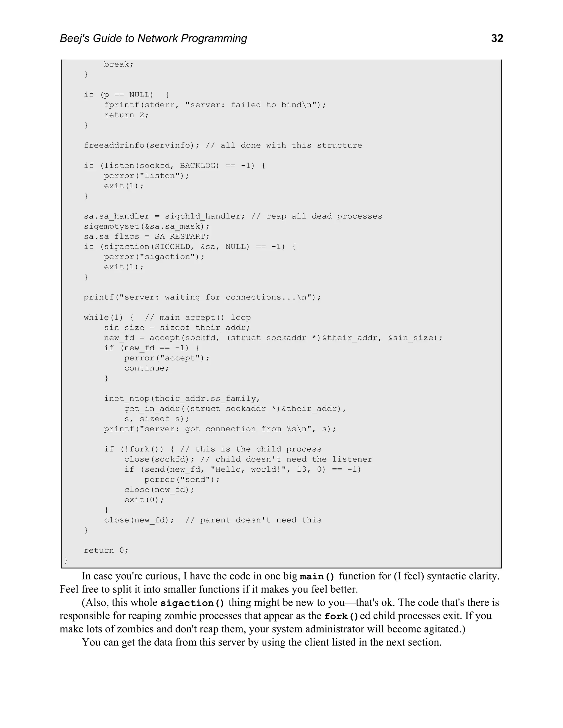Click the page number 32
[x=497, y=39]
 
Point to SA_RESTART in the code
[x=182, y=237]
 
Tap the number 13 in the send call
[x=302, y=470]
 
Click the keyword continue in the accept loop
[x=147, y=368]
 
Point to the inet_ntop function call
[x=126, y=399]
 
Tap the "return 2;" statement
[x=126, y=115]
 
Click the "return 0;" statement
[x=106, y=550]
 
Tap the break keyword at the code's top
[x=118, y=64]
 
